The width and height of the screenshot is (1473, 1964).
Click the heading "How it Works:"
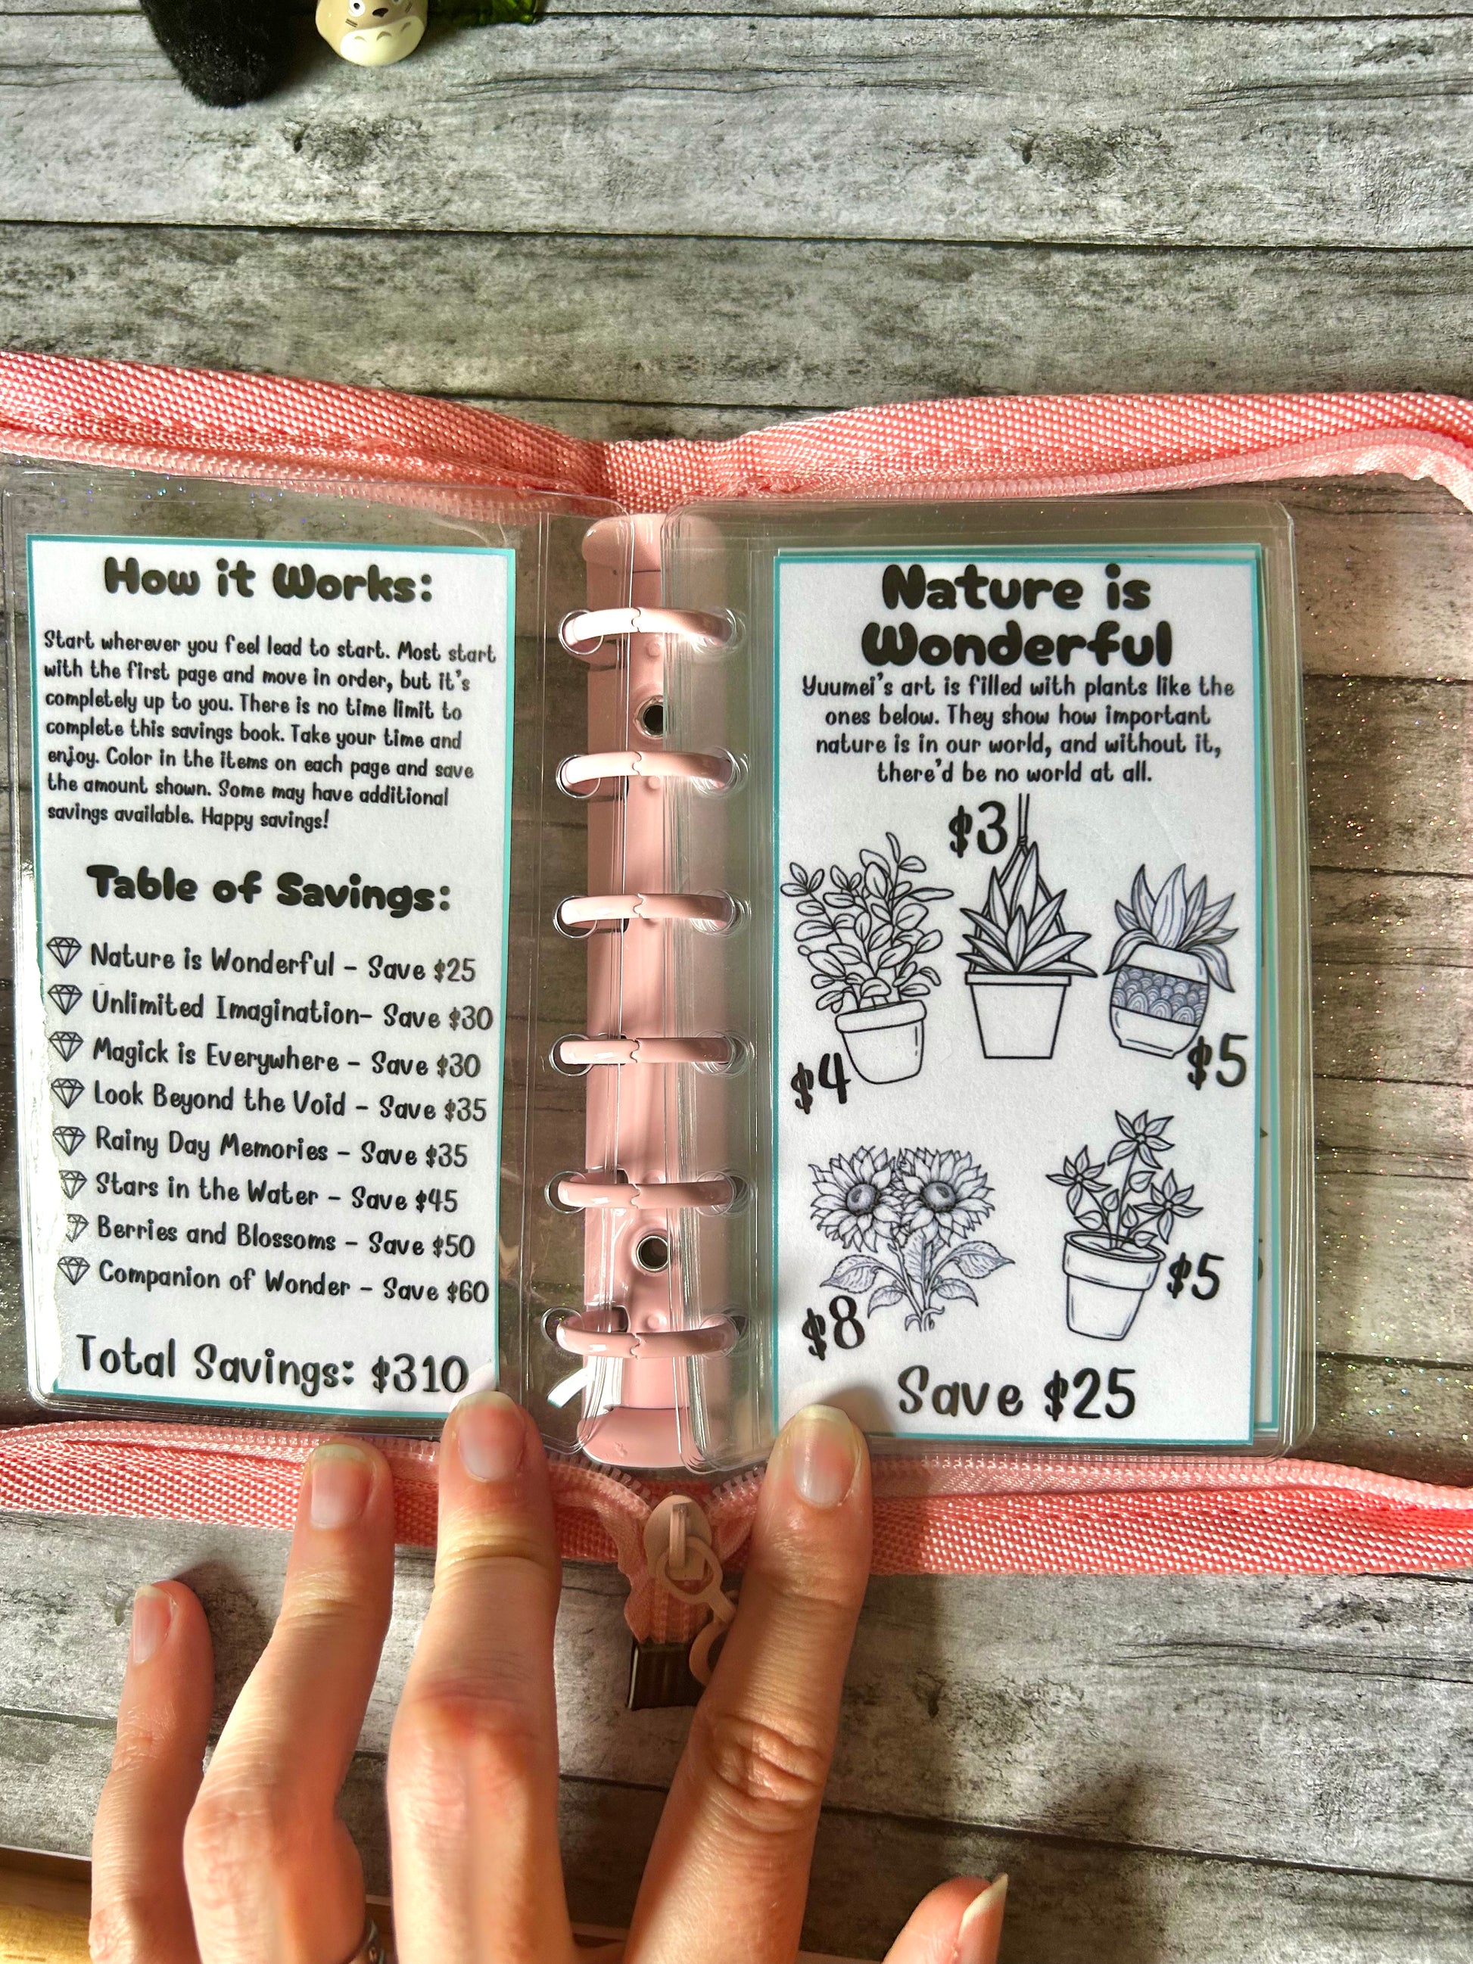(268, 580)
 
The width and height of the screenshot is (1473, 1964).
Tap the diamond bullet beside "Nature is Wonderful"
(64, 954)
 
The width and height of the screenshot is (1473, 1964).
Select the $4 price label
(821, 1085)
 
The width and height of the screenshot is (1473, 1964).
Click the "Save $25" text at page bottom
(1016, 1392)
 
